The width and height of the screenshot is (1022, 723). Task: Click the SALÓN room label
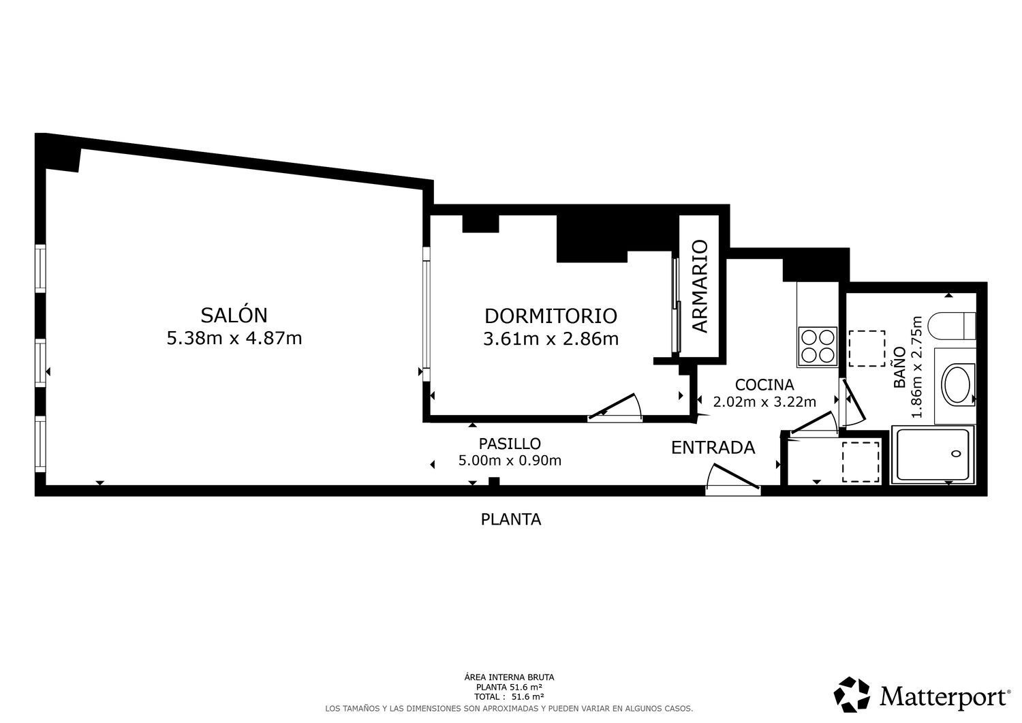pos(234,315)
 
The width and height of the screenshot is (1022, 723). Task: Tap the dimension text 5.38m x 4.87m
pos(234,338)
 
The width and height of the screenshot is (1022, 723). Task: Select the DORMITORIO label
pos(551,316)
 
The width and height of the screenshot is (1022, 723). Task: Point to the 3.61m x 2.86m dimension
pos(551,339)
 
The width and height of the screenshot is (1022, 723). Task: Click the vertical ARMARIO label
pos(700,286)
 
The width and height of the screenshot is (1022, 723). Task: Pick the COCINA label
pos(764,385)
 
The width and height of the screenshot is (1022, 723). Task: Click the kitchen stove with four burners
pos(818,347)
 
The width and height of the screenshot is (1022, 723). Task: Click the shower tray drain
pos(956,454)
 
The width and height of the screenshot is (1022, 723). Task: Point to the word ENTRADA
pos(713,448)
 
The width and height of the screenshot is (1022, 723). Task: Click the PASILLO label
pos(510,443)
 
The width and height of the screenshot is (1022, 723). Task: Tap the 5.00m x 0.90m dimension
pos(510,461)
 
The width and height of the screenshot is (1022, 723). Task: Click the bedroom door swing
pos(615,407)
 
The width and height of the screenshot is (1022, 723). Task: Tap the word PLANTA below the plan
pos(511,519)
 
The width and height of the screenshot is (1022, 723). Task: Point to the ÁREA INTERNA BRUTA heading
pos(509,677)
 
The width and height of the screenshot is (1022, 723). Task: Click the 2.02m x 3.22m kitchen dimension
pos(764,402)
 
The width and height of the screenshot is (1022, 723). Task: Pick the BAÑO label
pos(899,367)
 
